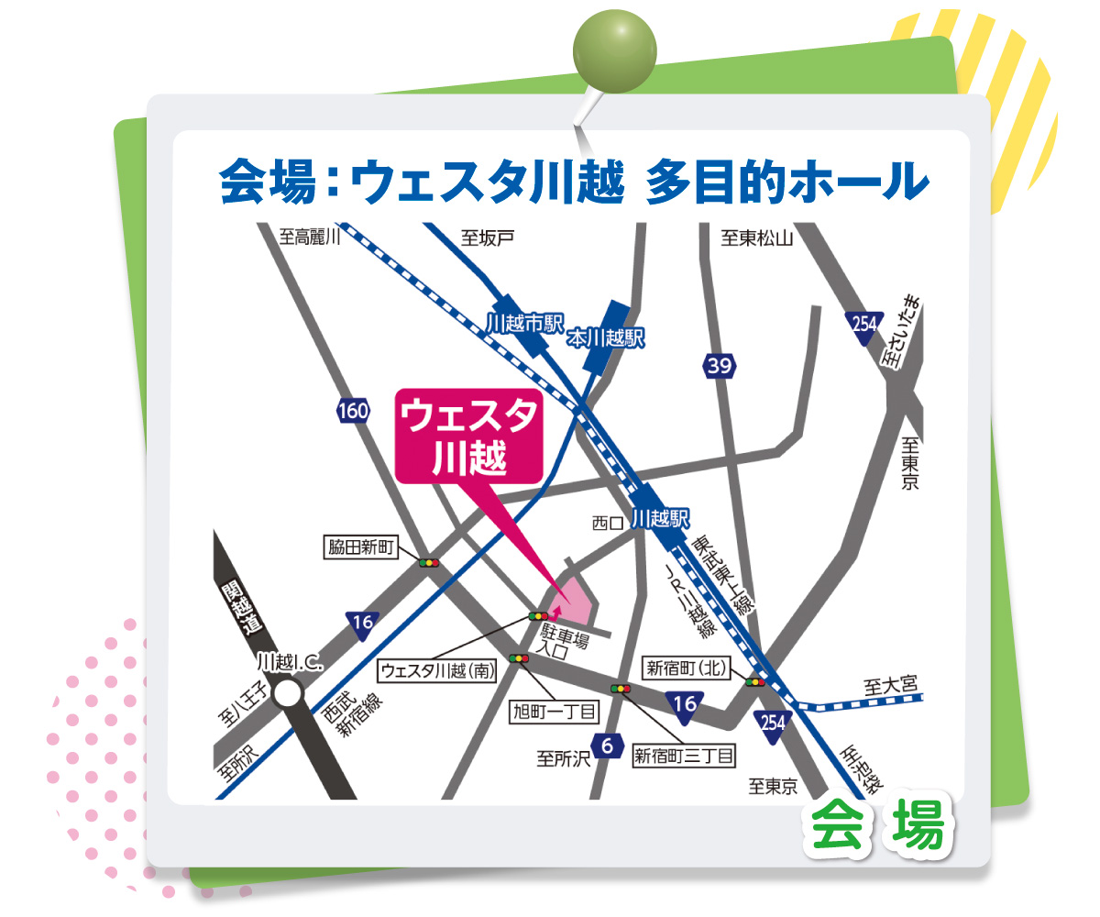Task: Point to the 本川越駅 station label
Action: [606, 338]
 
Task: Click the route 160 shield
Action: [353, 411]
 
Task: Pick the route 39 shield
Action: [720, 367]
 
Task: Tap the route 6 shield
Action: [606, 746]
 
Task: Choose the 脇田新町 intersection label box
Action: [361, 548]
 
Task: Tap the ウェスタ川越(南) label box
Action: [438, 671]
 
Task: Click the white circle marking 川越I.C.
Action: [289, 693]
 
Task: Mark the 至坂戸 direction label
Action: [488, 238]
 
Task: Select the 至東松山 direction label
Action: [756, 238]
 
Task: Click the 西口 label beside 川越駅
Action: [608, 523]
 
